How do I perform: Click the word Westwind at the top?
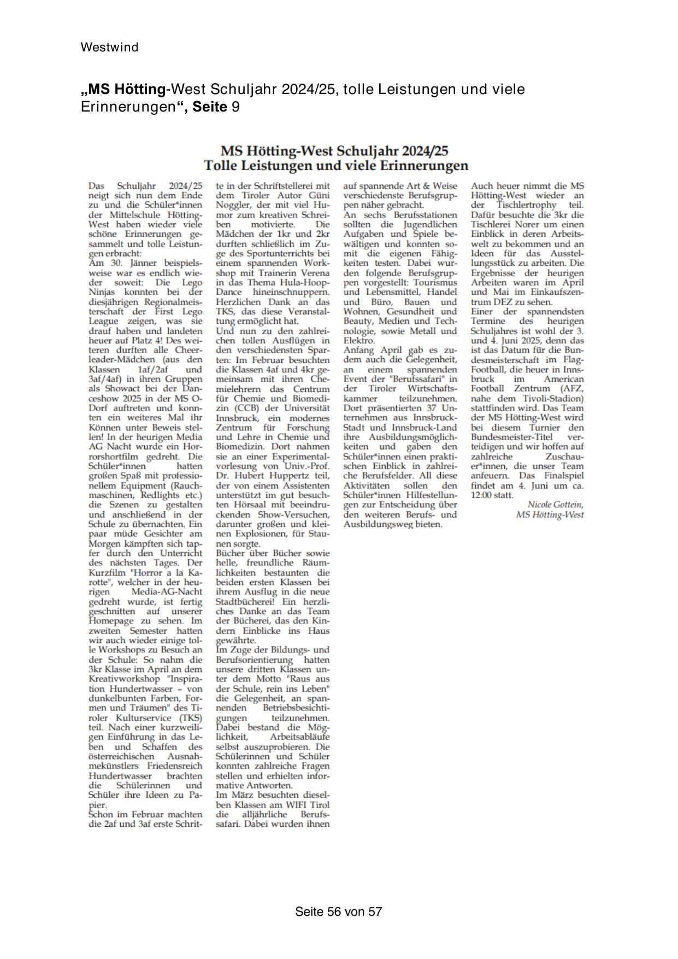tap(109, 48)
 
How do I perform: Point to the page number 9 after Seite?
tap(235, 107)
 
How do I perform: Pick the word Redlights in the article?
tap(161, 495)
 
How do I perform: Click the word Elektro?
tap(359, 341)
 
